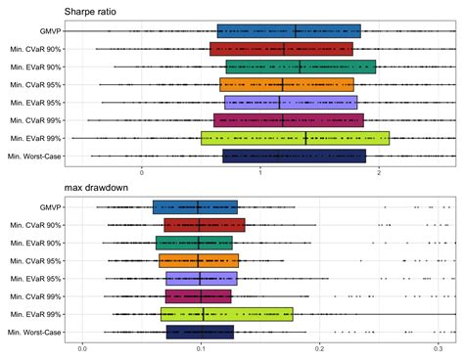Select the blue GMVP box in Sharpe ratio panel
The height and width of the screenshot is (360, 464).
(x=289, y=31)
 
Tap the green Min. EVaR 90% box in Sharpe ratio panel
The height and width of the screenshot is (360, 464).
(x=301, y=67)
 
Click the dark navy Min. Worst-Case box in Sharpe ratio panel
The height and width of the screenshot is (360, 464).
(x=294, y=156)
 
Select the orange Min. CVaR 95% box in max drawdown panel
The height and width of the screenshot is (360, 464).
(x=199, y=260)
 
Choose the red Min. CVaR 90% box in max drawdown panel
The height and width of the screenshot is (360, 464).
(x=204, y=225)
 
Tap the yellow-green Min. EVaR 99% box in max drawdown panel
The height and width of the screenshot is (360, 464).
(x=226, y=314)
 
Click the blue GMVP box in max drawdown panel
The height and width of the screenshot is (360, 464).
(x=195, y=207)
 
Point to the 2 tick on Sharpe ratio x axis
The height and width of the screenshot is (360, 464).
(x=379, y=172)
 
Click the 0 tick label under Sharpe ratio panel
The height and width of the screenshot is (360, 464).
(x=142, y=172)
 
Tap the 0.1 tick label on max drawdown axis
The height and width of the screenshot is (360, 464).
(x=201, y=348)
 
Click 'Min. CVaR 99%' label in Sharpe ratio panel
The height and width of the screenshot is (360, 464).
(x=34, y=120)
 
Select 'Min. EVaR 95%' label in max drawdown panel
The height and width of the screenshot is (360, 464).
(x=34, y=279)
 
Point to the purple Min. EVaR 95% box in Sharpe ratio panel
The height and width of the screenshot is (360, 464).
(x=291, y=103)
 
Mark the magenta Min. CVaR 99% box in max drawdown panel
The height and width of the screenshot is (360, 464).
(x=199, y=296)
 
